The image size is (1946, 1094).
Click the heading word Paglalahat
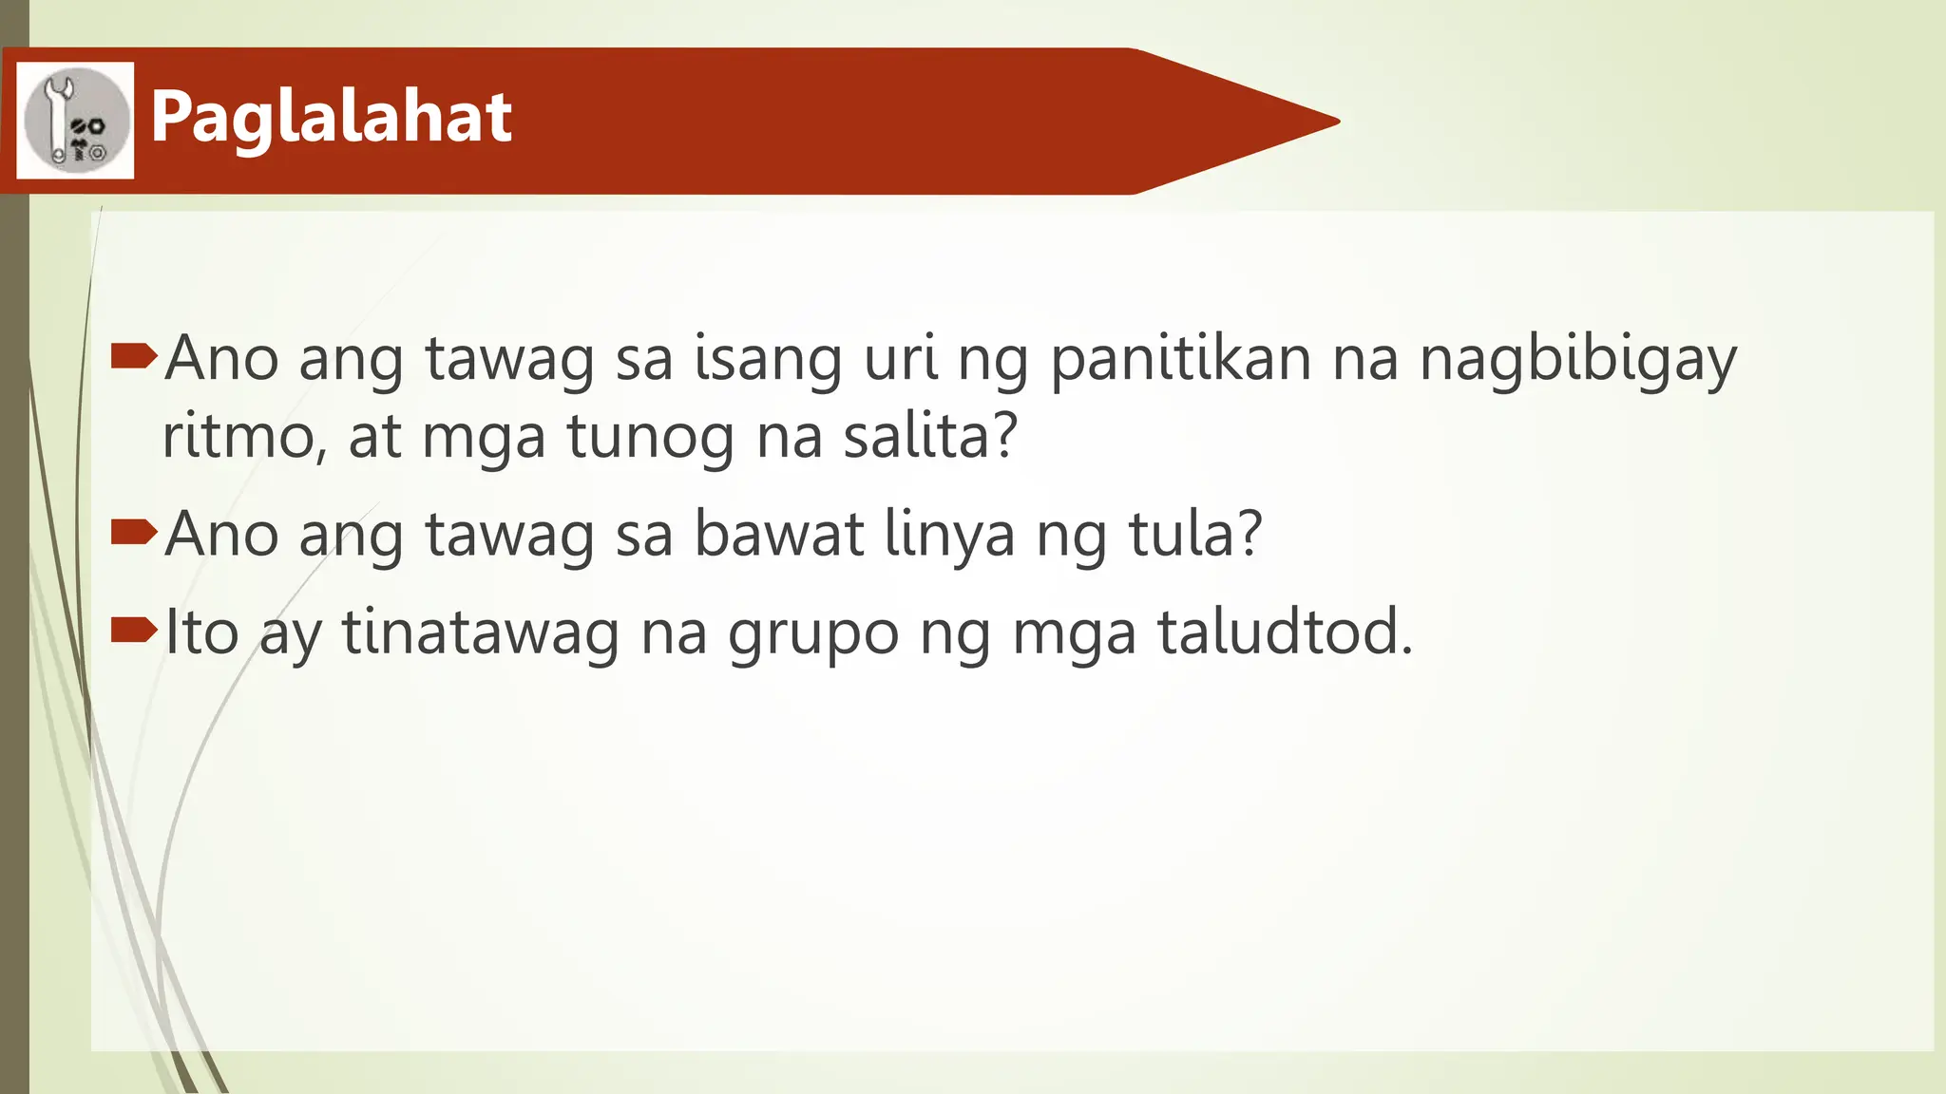click(x=331, y=118)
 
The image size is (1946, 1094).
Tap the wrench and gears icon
click(x=75, y=121)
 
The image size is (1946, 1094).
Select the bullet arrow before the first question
click(x=133, y=356)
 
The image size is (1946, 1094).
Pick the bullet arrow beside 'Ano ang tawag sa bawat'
click(x=133, y=532)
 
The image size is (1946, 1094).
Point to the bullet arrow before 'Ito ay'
click(x=133, y=630)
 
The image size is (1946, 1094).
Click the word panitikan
click(x=1181, y=359)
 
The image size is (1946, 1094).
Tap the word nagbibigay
click(x=1577, y=361)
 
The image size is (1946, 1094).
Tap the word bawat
click(x=779, y=534)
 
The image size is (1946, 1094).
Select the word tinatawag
click(x=480, y=633)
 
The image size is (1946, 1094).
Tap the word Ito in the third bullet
click(x=201, y=632)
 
